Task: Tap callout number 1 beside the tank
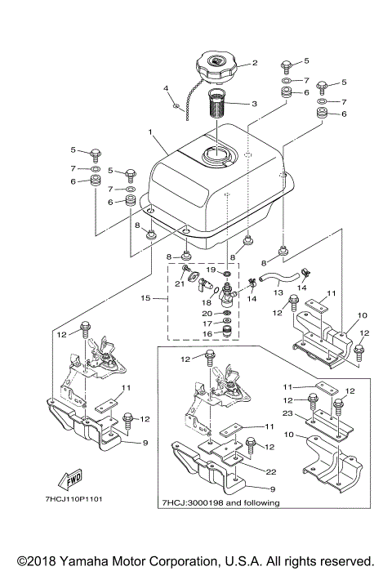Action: (149, 132)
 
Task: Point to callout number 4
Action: (166, 87)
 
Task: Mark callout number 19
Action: (209, 269)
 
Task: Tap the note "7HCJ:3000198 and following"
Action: (220, 503)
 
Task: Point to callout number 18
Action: (207, 302)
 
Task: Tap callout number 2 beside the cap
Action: (254, 63)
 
